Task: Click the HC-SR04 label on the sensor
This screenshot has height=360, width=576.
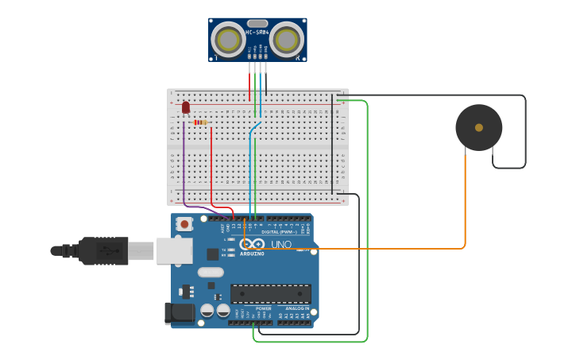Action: point(257,33)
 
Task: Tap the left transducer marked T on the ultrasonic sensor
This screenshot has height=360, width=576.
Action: point(228,40)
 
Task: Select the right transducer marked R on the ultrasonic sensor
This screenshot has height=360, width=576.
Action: point(286,40)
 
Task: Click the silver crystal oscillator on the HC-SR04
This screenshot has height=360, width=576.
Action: point(257,24)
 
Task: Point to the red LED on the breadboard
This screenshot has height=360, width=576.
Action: point(186,107)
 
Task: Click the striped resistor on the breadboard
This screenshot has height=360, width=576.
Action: point(200,122)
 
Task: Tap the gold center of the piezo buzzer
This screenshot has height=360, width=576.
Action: point(478,127)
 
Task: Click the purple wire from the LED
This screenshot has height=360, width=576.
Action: point(184,167)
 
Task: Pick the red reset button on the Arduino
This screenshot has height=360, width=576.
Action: point(184,224)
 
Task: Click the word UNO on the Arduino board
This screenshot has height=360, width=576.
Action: point(281,245)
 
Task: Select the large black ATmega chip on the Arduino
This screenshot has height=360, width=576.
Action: point(270,293)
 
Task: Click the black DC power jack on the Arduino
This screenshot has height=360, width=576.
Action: point(179,313)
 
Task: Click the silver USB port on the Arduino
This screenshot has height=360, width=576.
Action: point(174,250)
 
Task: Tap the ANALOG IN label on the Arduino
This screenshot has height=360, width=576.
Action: point(294,308)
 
